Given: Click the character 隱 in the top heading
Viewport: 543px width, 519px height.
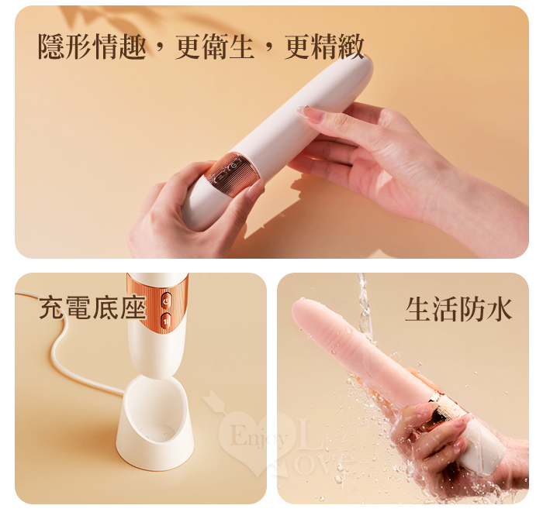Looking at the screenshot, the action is coord(51,46).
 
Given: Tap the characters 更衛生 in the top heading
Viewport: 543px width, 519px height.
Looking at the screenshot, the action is coord(215,46).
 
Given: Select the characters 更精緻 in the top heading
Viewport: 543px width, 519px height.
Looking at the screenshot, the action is coord(324,46).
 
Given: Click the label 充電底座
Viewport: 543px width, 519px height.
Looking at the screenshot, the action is coord(93,307).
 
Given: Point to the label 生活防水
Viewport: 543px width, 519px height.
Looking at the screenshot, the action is coord(458,309).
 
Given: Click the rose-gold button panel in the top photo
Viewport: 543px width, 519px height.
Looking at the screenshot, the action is coord(232,174).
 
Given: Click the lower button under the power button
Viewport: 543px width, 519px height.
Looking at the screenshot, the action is coord(167,321).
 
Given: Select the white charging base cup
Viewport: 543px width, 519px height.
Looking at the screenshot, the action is coord(155,423).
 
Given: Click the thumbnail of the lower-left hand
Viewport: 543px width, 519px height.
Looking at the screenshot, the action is coord(255,191).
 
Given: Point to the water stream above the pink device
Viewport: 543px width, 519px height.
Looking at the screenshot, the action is coord(364,304).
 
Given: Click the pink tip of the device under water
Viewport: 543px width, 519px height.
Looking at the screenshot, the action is coord(305,311).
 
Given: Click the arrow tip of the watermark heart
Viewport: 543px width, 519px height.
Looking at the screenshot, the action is coord(208,395).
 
